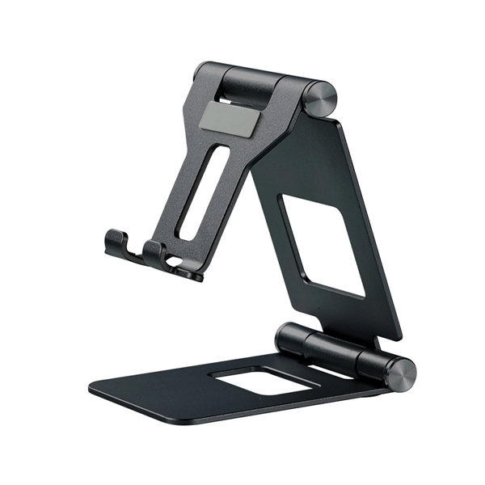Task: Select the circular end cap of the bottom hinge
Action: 402,373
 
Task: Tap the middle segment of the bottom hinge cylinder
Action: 331,349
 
